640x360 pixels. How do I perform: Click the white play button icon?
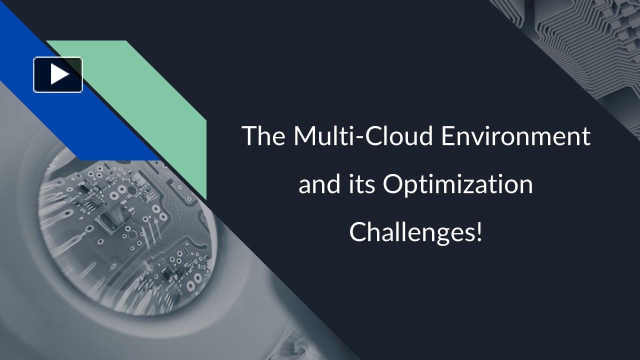[x=58, y=74]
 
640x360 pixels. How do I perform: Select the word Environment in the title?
[x=515, y=136]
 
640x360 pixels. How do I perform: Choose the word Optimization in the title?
[x=458, y=185]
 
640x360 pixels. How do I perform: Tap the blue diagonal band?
[x=100, y=125]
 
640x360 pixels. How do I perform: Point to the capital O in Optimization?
[x=393, y=184]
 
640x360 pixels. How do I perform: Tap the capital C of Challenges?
[x=358, y=232]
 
